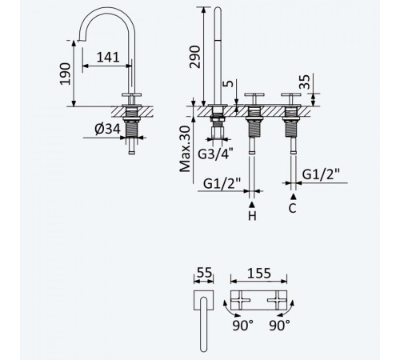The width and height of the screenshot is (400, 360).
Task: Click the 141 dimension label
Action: [108, 57]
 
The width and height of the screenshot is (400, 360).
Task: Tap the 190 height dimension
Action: [65, 74]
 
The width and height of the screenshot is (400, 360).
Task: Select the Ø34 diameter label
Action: [108, 129]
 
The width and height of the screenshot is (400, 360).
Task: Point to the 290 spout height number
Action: [194, 57]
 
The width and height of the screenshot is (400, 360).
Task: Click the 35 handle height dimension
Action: [305, 82]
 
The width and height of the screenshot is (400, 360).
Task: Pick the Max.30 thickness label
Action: [185, 149]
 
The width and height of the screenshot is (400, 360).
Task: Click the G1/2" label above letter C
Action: [321, 174]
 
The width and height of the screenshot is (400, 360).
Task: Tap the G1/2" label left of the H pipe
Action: [222, 183]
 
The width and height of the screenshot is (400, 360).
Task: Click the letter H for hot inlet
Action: [252, 216]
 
